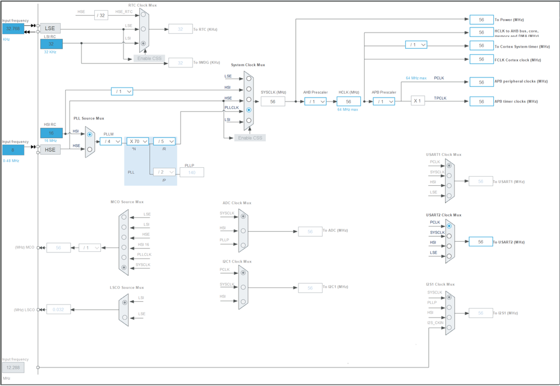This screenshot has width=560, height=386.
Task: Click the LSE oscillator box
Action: tap(50, 28)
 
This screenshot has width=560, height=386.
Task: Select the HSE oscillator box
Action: tap(50, 150)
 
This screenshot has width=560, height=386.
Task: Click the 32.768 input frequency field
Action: tap(13, 29)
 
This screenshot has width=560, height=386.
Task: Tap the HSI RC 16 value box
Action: tap(51, 133)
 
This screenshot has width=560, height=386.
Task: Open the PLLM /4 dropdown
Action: tap(111, 141)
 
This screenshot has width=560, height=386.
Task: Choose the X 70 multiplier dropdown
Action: tap(137, 141)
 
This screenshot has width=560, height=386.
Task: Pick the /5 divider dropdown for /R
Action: tap(164, 141)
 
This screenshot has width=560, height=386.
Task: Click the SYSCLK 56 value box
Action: tap(273, 102)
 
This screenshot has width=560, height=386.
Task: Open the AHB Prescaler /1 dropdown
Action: tap(315, 102)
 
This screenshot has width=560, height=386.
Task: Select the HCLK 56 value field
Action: tap(348, 102)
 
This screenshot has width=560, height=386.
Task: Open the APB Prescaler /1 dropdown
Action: tap(384, 102)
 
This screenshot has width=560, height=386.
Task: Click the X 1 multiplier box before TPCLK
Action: tap(417, 101)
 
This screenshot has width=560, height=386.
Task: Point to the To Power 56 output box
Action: tap(481, 20)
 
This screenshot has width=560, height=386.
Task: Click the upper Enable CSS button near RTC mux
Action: tap(149, 58)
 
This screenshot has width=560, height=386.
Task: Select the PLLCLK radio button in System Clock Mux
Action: tap(249, 110)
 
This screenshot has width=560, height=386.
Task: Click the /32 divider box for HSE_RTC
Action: tap(101, 15)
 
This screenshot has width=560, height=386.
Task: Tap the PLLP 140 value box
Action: tap(192, 172)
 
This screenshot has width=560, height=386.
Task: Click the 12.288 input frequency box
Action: tap(13, 367)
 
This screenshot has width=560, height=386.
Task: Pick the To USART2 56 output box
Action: tap(481, 242)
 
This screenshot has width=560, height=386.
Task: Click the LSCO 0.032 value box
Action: tap(58, 309)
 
